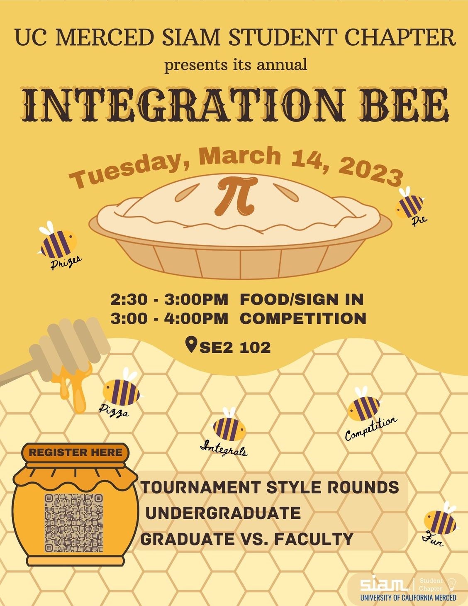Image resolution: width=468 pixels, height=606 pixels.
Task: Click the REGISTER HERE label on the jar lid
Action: pos(76,452)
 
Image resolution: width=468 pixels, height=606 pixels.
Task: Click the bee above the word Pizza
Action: pos(122,387)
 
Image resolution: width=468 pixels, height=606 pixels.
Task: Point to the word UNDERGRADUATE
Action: pos(223,513)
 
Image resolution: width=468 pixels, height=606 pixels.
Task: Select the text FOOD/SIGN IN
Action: pos(302,299)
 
